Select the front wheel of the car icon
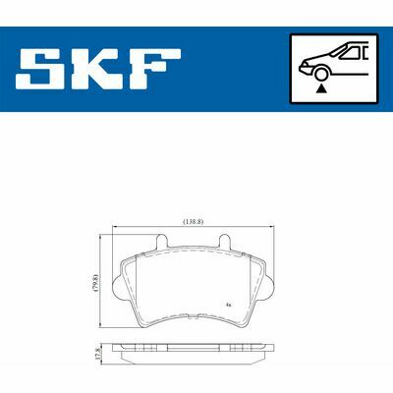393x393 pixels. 321,73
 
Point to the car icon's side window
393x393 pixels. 350,53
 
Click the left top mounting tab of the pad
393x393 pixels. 162,242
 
